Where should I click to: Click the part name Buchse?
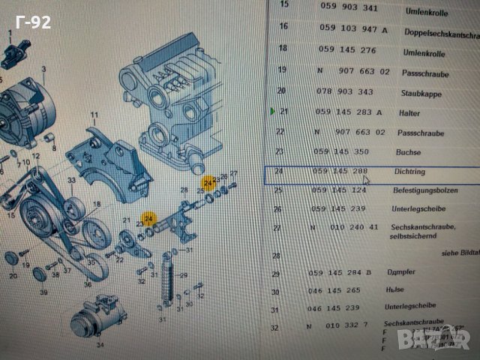tap(403, 151)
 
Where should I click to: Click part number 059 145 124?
tap(343, 191)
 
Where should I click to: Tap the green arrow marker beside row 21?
tap(273, 112)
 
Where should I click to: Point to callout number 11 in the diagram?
tap(94, 115)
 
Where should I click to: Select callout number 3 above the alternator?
tap(43, 69)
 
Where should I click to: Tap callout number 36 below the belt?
tap(88, 283)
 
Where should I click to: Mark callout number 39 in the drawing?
tap(43, 292)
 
